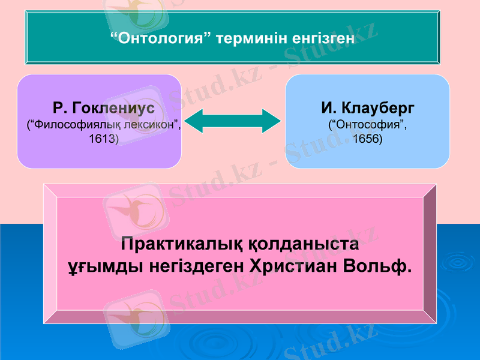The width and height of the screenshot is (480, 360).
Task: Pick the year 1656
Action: (x=368, y=139)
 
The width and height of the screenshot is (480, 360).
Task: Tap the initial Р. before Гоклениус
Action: (x=59, y=109)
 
